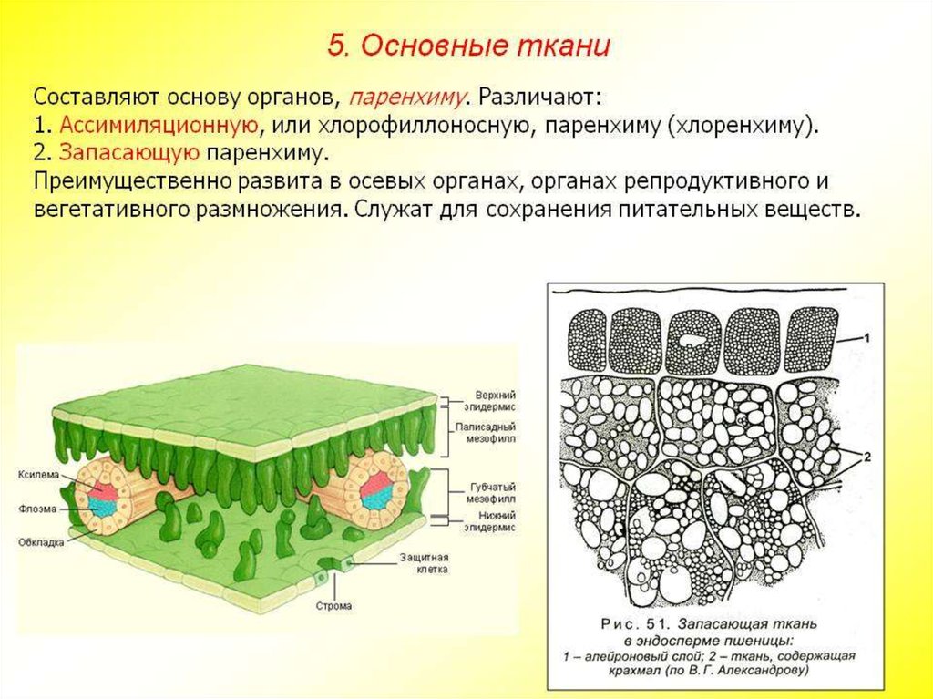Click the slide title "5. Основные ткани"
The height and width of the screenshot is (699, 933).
468,46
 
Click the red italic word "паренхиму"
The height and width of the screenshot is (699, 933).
406,97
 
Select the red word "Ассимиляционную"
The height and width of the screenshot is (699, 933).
159,126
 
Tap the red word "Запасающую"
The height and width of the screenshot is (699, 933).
129,153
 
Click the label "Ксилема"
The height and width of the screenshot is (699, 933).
38,475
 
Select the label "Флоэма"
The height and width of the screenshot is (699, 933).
37,509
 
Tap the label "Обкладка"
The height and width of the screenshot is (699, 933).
41,542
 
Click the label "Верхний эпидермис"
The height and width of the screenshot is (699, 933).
491,401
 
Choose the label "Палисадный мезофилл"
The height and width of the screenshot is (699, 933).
486,433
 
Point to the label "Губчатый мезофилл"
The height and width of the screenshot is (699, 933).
491,493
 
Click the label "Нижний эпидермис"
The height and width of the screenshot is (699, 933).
491,521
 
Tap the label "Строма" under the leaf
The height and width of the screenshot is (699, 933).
333,606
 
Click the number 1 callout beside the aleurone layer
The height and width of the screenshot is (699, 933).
867,338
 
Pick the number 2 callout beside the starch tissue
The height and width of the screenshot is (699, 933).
867,457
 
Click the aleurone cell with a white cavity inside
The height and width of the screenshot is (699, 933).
692,342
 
